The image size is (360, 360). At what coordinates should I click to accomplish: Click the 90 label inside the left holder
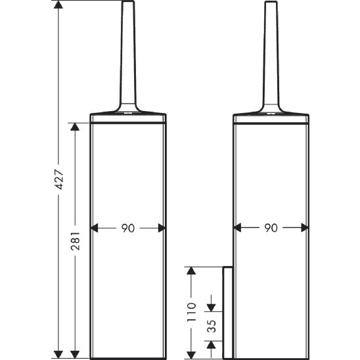tap(128, 229)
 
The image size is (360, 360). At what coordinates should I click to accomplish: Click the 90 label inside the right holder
tap(271, 229)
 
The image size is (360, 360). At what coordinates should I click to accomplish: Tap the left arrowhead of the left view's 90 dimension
tap(95, 229)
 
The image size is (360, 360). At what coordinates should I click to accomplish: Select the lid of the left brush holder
tap(129, 117)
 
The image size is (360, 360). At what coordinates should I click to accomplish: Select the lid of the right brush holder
tap(271, 117)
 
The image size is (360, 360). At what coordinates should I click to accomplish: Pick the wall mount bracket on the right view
tap(227, 312)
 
